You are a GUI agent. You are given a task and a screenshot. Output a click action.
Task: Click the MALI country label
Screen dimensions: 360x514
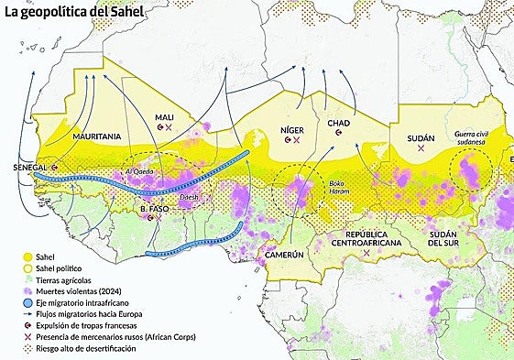(x=165, y=117)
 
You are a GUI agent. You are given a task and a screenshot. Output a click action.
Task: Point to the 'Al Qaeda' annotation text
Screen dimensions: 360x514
(x=138, y=171)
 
